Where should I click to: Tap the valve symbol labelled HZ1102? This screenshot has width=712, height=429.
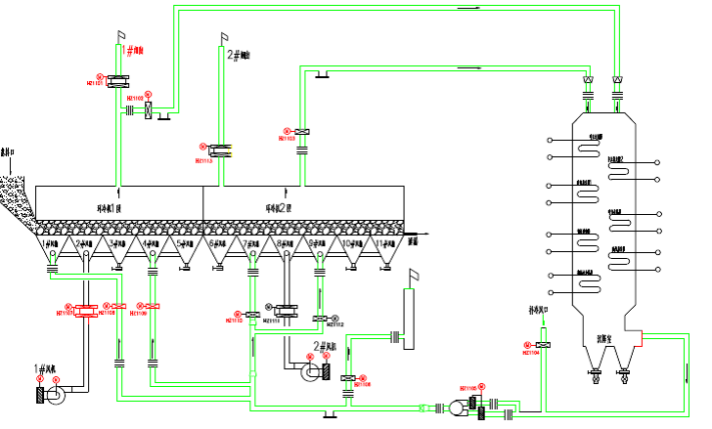point(149,109)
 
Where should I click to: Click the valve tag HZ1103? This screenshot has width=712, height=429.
point(287,139)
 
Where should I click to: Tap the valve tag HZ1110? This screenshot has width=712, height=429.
point(235,321)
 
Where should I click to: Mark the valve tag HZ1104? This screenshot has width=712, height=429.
point(531,353)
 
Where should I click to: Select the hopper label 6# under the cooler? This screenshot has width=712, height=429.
point(217,242)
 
